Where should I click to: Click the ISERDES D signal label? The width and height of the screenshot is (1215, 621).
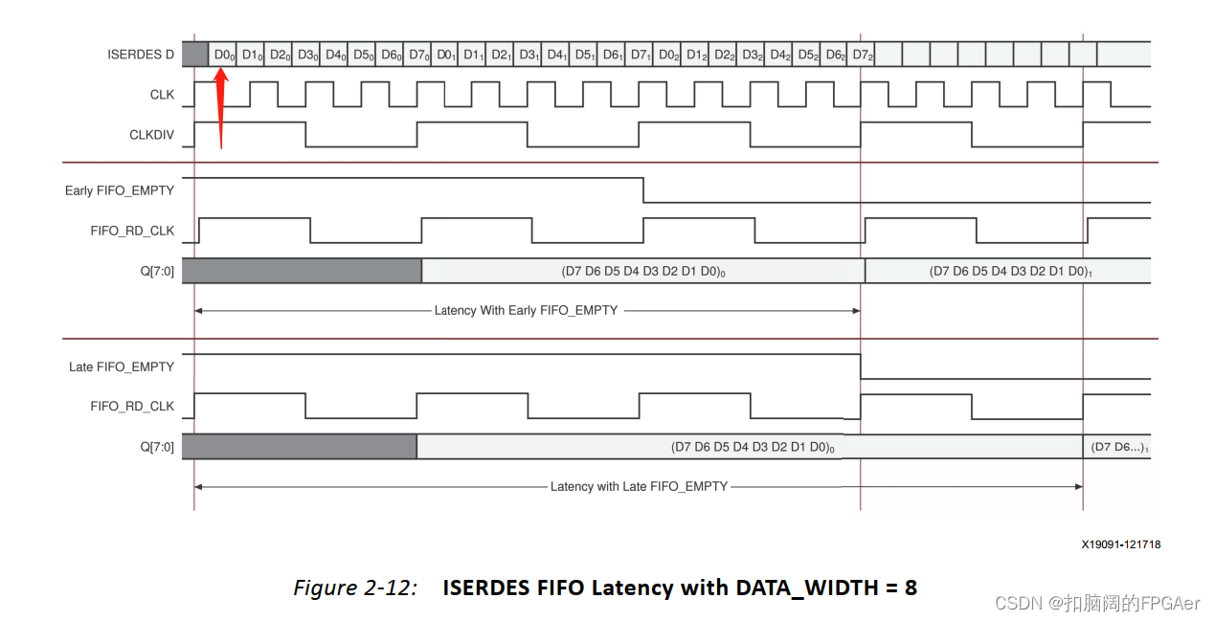click(141, 55)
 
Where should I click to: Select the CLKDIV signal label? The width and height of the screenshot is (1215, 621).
click(151, 135)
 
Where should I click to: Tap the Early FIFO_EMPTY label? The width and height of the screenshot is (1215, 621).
click(120, 190)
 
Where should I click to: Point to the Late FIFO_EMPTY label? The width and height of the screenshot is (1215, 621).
click(122, 366)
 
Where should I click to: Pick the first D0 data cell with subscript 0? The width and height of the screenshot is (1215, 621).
click(224, 55)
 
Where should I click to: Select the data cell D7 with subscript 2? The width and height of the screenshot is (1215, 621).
click(863, 55)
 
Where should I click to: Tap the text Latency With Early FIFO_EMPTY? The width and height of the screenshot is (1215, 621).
click(526, 310)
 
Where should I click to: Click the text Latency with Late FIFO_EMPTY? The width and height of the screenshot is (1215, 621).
click(639, 486)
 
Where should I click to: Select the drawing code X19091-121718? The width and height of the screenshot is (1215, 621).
click(1121, 544)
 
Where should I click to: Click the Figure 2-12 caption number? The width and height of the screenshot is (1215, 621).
click(355, 588)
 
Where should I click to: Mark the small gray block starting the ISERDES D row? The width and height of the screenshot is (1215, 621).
click(194, 55)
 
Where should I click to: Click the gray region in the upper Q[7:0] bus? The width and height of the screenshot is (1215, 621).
click(302, 271)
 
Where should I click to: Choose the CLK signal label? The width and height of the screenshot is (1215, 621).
click(162, 95)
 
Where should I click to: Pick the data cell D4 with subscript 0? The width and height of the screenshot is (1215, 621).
click(335, 55)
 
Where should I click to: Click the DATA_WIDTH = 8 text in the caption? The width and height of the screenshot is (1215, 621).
click(825, 588)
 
